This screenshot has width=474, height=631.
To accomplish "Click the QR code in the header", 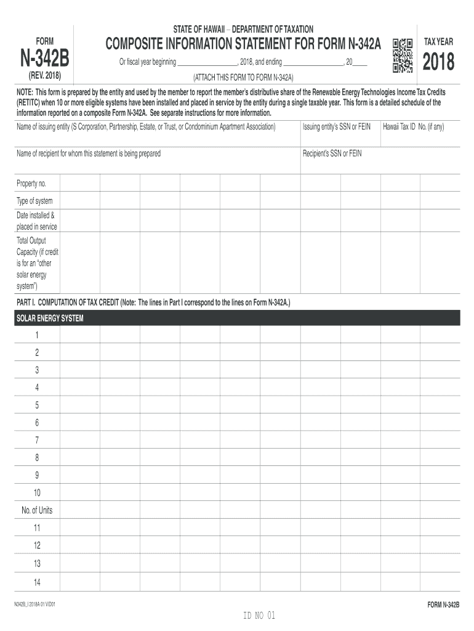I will point(402,56).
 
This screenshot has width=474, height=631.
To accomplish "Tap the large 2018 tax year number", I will point(438,62).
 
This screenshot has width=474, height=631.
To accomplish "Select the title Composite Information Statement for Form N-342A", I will point(244,44).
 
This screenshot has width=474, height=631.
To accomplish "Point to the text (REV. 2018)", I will point(45,77).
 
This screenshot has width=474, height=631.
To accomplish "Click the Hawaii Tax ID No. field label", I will point(413,126).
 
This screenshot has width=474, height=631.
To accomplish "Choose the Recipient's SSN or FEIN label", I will point(332,153).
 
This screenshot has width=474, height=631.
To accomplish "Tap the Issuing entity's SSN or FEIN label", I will point(337,126).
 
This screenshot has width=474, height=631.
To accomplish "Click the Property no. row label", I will point(31,184).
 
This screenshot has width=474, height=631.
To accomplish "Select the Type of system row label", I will point(34,201).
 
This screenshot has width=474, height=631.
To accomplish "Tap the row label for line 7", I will point(37,440).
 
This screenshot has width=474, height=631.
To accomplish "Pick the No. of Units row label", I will point(37,510).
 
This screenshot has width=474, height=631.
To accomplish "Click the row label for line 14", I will point(37,582).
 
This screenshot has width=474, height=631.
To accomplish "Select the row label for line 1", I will point(37,335).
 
